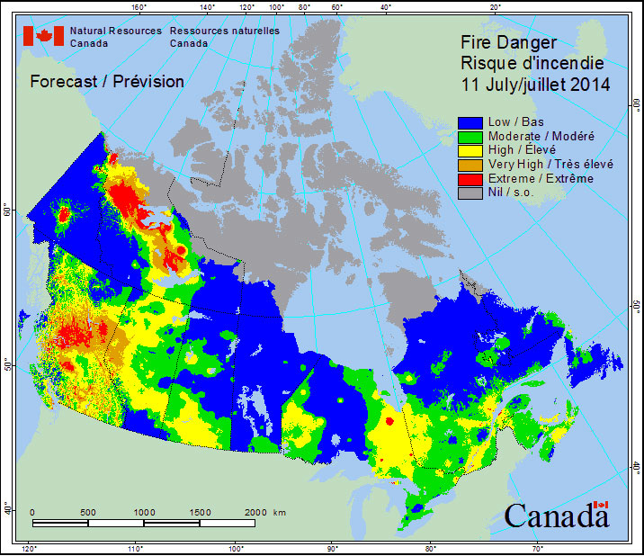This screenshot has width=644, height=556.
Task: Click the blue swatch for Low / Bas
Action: click(x=470, y=121)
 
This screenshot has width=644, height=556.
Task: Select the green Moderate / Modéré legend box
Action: click(x=470, y=136)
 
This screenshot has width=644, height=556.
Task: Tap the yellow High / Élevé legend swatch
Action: click(x=470, y=150)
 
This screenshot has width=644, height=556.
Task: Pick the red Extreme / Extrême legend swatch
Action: click(x=470, y=179)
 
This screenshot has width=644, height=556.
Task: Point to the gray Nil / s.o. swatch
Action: click(x=470, y=193)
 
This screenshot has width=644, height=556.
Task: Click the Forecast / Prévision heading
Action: click(x=107, y=82)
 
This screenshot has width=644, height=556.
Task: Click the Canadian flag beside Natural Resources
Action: click(x=43, y=36)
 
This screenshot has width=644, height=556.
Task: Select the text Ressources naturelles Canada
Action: click(x=224, y=37)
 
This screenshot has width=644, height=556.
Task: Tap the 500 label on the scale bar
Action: click(x=87, y=512)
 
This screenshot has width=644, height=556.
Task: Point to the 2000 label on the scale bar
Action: click(x=255, y=512)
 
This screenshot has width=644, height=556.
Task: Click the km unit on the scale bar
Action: click(x=280, y=512)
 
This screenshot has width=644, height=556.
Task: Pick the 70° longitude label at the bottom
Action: click(x=537, y=549)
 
